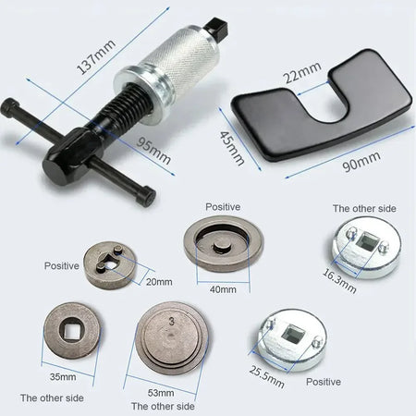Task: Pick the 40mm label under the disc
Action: [223, 288]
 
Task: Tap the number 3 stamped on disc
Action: [172, 321]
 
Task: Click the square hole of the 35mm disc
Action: [70, 329]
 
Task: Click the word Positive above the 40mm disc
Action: [224, 207]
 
